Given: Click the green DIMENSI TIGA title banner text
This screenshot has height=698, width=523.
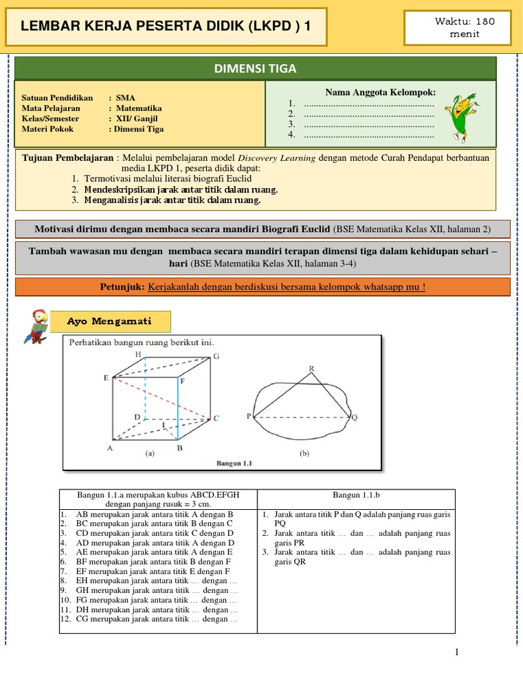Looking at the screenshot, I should [x=255, y=68].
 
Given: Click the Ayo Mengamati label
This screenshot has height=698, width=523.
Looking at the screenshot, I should [x=110, y=321].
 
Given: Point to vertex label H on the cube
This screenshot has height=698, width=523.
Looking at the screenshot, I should [x=138, y=354].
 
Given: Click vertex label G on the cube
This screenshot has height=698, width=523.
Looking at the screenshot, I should [x=216, y=356].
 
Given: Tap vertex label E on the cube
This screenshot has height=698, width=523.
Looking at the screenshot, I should [x=106, y=378].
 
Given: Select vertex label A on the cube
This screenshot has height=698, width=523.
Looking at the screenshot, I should [x=110, y=448].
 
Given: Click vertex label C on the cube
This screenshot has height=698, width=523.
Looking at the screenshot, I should [x=216, y=419].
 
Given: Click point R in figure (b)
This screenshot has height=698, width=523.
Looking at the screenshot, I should [x=311, y=369].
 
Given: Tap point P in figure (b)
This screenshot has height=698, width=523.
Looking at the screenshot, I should [x=249, y=415].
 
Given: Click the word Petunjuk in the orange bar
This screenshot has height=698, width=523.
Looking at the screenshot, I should [x=124, y=287].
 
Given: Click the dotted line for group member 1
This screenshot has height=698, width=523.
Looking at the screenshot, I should [x=368, y=104].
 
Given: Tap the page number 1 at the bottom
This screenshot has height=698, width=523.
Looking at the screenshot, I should [x=457, y=652].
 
